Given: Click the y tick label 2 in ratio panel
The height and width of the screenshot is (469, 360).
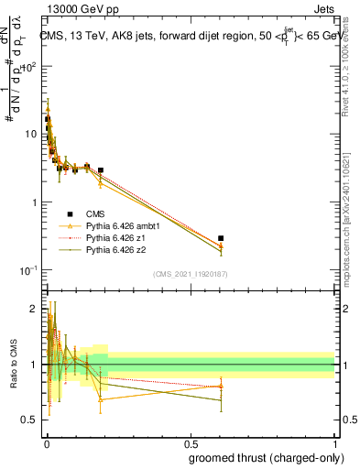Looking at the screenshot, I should coord(35,309).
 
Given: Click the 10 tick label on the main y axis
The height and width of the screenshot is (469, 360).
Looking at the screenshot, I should coord(30,135).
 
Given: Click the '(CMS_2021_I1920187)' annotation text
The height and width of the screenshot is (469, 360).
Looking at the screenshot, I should coord(190,274).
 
